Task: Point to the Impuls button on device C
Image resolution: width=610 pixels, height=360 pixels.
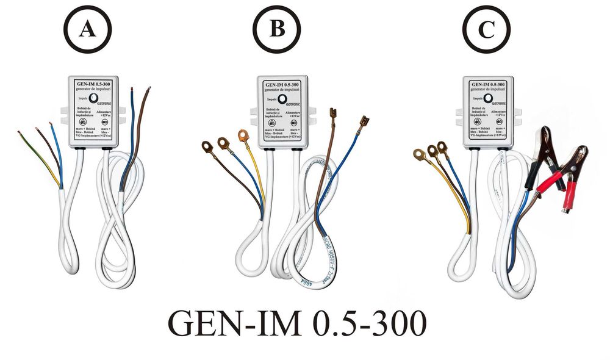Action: tap(489, 98)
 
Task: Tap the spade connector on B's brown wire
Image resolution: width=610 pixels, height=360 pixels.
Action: tap(334, 114)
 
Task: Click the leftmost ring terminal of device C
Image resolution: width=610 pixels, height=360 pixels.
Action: tap(419, 155)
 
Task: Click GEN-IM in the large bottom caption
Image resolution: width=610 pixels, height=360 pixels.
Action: tap(234, 323)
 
